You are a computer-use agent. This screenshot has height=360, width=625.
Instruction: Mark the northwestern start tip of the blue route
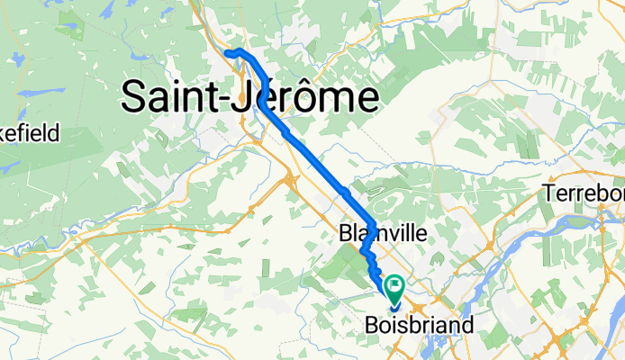[x=227, y=53]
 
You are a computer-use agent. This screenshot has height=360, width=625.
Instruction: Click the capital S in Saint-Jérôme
[x=134, y=96]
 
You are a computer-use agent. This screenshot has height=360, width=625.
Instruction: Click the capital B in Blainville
[x=347, y=233]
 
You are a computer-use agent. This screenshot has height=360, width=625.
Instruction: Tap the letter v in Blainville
[x=391, y=234]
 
